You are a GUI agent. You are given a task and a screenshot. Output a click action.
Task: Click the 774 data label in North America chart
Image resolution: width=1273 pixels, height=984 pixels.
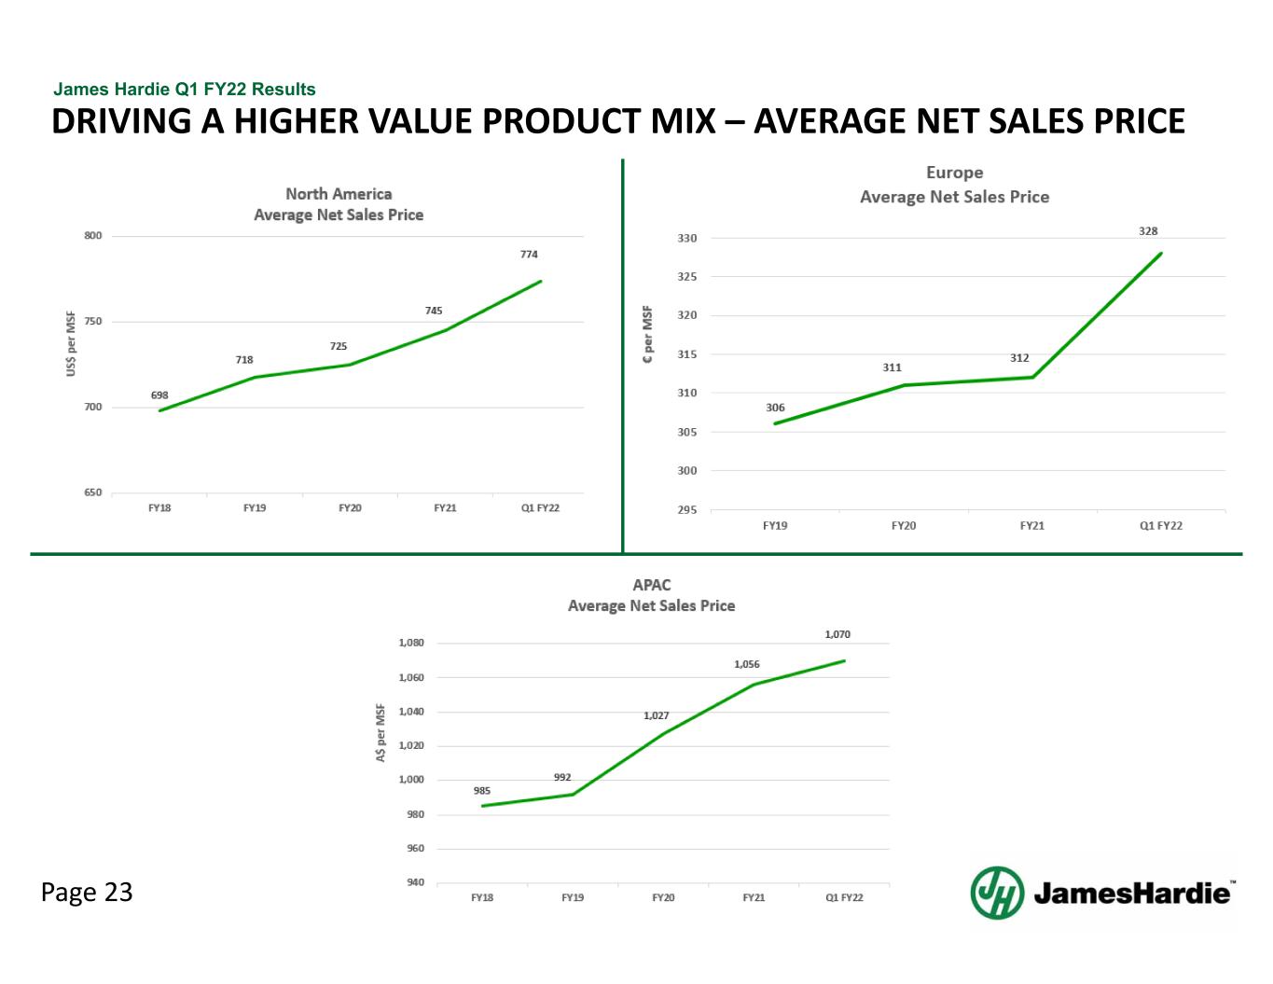pyautogui.click(x=529, y=254)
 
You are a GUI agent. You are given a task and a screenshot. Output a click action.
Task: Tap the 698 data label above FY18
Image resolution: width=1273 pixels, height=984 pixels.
pyautogui.click(x=159, y=395)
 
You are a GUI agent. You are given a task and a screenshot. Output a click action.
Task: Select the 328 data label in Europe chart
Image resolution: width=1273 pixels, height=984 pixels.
pyautogui.click(x=1148, y=230)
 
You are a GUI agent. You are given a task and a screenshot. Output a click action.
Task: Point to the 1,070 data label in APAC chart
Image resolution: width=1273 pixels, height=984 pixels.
pyautogui.click(x=837, y=634)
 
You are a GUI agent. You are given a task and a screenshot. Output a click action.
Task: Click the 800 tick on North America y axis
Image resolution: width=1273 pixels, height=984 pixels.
pyautogui.click(x=93, y=236)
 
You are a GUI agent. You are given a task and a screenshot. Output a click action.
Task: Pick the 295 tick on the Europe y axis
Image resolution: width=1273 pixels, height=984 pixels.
pyautogui.click(x=686, y=510)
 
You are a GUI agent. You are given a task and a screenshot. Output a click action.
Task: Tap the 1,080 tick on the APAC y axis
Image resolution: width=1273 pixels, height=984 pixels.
pyautogui.click(x=411, y=643)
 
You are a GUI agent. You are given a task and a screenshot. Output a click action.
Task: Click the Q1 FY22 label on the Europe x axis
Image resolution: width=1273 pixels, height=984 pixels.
pyautogui.click(x=1160, y=526)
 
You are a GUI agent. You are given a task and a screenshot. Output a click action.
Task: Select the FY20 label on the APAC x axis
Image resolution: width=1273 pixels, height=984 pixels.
pyautogui.click(x=663, y=897)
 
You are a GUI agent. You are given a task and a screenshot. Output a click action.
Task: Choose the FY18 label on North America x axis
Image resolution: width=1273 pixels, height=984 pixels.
pyautogui.click(x=159, y=507)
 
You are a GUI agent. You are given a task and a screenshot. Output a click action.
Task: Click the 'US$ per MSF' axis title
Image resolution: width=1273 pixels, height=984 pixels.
pyautogui.click(x=71, y=344)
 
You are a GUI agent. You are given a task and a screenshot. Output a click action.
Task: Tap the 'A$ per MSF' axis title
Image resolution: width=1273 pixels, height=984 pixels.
pyautogui.click(x=381, y=733)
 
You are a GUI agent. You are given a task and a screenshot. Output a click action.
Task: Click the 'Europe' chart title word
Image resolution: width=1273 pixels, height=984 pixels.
pyautogui.click(x=954, y=173)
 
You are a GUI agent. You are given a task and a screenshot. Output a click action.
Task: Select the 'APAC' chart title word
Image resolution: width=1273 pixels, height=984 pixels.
pyautogui.click(x=651, y=585)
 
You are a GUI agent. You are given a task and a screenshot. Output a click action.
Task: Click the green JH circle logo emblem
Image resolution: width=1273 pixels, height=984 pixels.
pyautogui.click(x=997, y=893)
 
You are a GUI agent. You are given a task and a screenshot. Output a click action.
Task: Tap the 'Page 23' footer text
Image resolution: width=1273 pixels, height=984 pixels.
pyautogui.click(x=87, y=893)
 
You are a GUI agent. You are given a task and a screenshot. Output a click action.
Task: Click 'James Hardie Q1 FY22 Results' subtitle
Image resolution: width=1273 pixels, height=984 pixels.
pyautogui.click(x=185, y=90)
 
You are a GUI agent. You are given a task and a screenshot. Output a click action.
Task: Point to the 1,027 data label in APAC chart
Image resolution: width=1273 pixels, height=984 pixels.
pyautogui.click(x=656, y=715)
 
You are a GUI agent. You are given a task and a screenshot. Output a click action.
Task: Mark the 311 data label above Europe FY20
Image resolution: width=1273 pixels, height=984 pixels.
pyautogui.click(x=892, y=367)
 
